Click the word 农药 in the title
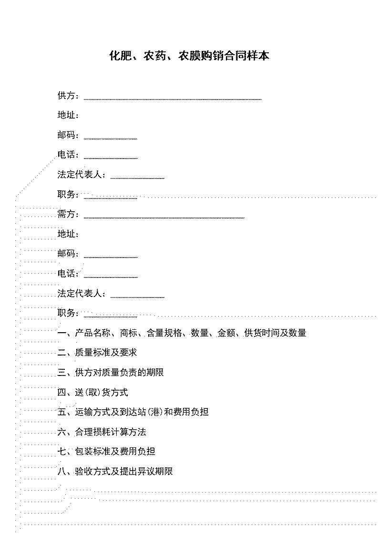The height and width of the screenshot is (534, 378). click(152, 56)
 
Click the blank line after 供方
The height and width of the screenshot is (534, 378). click(173, 99)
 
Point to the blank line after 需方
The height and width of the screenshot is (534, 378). click(164, 218)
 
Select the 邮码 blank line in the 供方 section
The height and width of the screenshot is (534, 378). click(111, 139)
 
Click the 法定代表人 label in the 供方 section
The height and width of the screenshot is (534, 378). click(80, 174)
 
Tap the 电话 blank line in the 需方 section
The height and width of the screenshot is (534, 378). click(111, 277)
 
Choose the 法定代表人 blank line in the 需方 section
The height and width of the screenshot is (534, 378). click(137, 297)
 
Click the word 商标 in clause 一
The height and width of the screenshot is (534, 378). click(129, 333)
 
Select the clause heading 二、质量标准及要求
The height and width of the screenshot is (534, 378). click(97, 353)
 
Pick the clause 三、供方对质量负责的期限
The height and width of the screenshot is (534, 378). click(111, 372)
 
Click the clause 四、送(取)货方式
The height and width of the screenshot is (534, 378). click(93, 392)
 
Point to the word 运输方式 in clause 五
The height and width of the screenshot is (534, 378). click(93, 412)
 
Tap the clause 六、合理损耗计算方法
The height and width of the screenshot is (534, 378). click(102, 432)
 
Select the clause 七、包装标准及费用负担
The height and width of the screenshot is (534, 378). click(106, 452)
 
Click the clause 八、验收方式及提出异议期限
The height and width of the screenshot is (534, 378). click(115, 471)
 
